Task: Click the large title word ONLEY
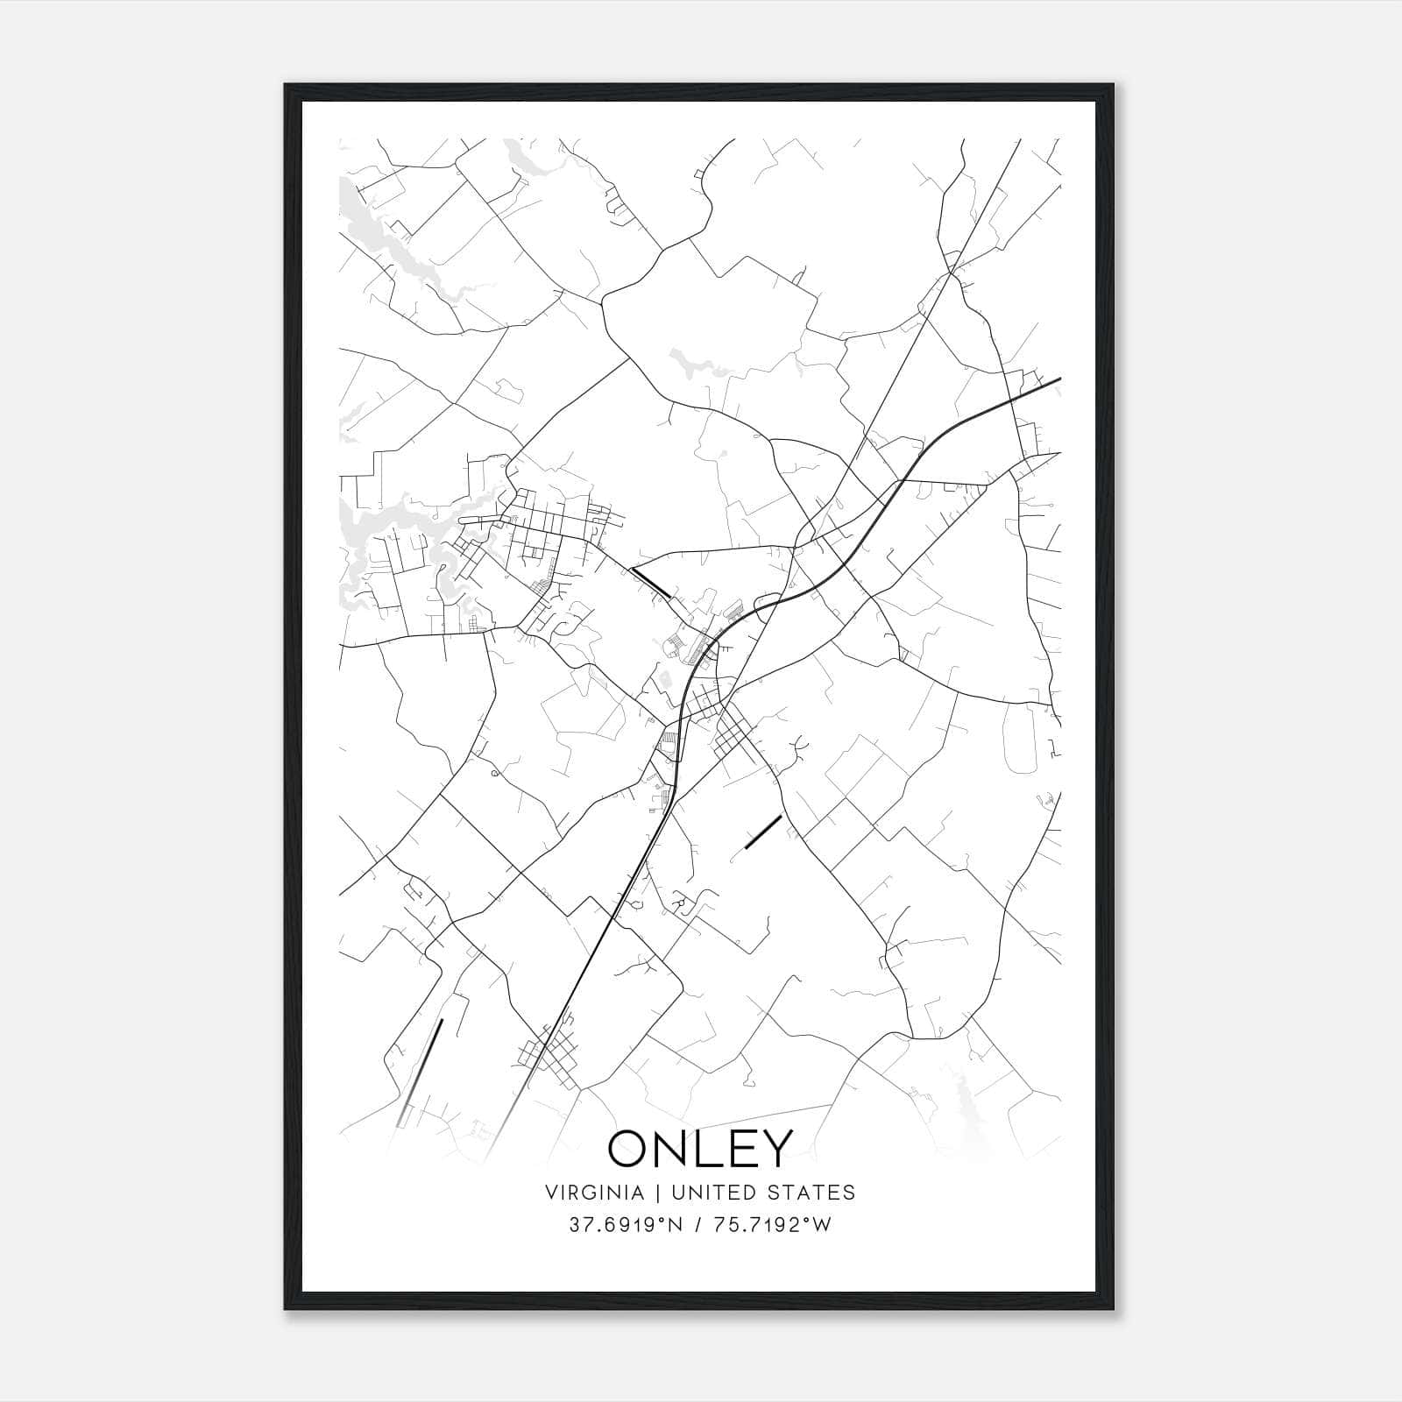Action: [700, 1148]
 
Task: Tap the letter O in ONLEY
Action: [630, 1148]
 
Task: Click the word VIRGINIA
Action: [595, 1193]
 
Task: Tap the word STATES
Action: [816, 1193]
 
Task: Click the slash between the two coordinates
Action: [697, 1225]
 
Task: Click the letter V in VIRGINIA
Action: [551, 1193]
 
